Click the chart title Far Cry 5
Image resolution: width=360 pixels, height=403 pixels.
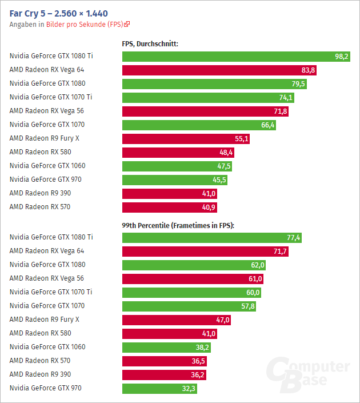point(59,13)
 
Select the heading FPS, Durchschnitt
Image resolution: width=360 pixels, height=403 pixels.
point(150,43)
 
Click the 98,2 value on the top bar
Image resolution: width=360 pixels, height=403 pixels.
point(342,56)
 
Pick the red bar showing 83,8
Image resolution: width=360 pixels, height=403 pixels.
point(219,70)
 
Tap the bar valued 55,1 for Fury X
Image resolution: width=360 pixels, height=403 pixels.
point(186,138)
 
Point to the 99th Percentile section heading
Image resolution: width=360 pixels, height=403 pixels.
point(178,226)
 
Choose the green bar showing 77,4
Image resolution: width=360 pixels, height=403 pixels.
point(211,237)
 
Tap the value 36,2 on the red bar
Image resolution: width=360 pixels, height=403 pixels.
point(198,374)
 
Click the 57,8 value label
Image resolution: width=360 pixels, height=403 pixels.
point(248,306)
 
